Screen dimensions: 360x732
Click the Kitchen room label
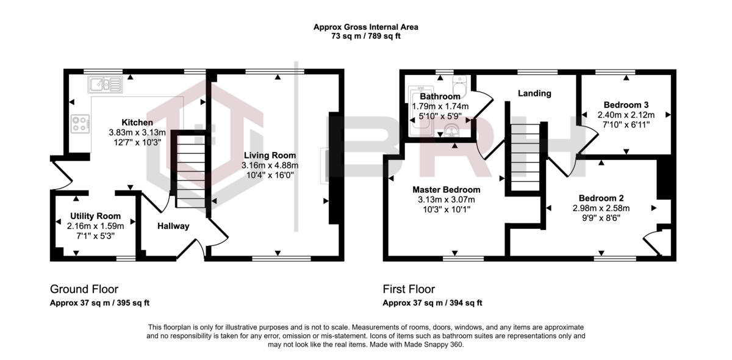tap(137, 123)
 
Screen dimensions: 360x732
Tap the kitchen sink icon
tap(104, 84)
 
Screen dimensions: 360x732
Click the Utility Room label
tap(95, 216)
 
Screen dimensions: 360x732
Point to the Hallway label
tap(173, 226)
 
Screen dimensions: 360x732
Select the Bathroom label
tap(440, 96)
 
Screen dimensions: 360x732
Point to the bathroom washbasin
tap(451, 129)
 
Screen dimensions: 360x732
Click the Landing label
tap(534, 93)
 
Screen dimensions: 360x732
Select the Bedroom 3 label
tap(626, 104)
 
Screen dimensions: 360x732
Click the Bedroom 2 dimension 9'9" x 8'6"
tap(601, 217)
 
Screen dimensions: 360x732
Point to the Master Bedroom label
tap(446, 189)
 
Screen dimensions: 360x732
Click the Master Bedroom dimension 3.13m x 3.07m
tap(446, 200)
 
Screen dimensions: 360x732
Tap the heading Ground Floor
tap(84, 289)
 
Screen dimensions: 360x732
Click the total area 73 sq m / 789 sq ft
tap(365, 36)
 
